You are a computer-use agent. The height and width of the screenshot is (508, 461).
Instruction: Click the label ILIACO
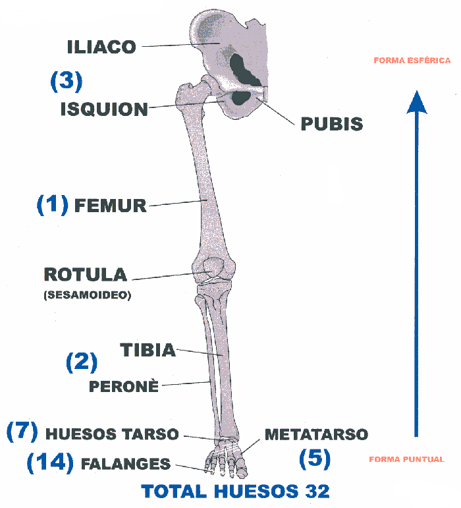101,47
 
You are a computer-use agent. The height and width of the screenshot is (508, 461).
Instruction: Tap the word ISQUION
104,109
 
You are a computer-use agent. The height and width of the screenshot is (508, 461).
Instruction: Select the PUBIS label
331,124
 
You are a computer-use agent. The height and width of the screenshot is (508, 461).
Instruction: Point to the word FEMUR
111,206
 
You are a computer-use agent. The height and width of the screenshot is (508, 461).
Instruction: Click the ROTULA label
85,274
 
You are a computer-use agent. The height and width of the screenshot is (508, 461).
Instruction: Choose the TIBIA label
148,350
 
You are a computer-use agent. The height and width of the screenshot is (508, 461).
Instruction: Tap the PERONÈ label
124,387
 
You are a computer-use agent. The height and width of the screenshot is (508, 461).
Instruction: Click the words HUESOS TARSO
112,434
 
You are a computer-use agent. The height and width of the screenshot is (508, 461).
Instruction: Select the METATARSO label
316,434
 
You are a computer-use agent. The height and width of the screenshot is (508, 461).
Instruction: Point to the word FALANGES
126,464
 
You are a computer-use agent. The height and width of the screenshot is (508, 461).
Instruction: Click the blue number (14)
50,463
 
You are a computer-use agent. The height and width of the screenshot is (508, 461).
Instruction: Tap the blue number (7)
22,432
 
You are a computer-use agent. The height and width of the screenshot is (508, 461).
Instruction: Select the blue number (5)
314,459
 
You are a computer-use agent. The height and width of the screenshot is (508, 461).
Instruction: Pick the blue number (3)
67,81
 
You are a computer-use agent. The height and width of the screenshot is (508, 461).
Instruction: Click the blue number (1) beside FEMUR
52,205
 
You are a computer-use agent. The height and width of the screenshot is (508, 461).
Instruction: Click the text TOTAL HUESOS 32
236,492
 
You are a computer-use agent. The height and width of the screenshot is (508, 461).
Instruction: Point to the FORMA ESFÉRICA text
412,61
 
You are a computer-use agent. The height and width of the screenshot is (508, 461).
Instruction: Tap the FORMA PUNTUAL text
406,459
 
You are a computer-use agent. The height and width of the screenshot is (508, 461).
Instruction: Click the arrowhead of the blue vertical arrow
416,103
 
